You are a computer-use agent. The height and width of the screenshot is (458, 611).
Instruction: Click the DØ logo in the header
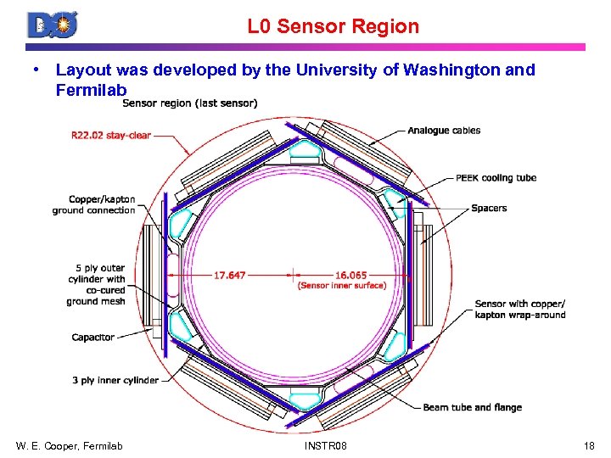(53, 25)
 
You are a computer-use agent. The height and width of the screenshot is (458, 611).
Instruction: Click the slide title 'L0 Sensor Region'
(334, 26)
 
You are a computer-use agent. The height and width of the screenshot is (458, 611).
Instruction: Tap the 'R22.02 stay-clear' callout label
(111, 135)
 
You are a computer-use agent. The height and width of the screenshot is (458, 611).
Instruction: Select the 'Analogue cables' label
(444, 131)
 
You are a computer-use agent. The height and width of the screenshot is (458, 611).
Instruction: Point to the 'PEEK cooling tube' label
(496, 178)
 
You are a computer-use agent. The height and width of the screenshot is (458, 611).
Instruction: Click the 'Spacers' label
(489, 208)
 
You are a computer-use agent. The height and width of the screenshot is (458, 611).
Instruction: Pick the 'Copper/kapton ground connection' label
(93, 205)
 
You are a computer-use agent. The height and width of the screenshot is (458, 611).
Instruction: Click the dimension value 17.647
(230, 275)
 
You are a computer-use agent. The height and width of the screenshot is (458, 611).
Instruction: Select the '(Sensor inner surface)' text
(342, 286)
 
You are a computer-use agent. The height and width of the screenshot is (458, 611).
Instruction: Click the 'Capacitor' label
(93, 338)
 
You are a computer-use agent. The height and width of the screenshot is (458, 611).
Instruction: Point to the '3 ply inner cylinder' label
(115, 380)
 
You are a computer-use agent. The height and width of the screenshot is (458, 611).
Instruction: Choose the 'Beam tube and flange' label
(473, 408)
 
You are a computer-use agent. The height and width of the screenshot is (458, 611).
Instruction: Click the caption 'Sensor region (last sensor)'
(190, 104)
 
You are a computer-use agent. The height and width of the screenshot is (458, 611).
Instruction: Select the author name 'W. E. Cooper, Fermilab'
(69, 445)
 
